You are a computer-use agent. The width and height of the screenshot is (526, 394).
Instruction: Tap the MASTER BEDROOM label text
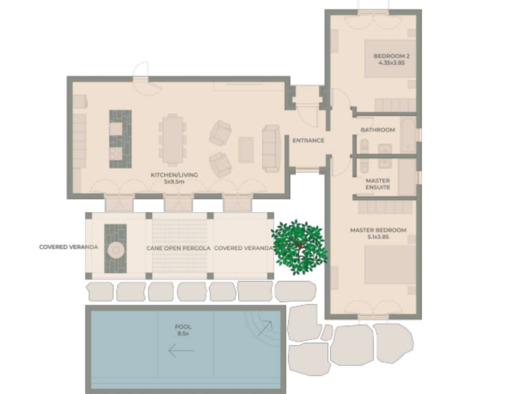point(378,230)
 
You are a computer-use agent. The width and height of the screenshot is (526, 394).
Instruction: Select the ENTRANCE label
point(308,141)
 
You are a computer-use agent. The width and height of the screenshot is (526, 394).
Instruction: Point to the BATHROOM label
point(378,130)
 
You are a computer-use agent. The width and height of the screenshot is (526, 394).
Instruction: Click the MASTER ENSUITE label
point(378,184)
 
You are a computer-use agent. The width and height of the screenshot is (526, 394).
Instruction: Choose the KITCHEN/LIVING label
point(174,175)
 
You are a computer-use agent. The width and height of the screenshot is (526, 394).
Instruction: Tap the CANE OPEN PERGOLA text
point(178,248)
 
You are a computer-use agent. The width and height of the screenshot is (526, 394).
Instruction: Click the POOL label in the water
point(183,327)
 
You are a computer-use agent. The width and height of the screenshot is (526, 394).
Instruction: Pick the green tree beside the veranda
point(298,247)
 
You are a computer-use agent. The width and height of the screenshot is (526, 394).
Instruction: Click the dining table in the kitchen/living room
point(173,140)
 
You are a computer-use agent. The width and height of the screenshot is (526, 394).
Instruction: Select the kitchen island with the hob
point(120,139)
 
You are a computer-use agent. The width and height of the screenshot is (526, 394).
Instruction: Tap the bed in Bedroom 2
point(390,59)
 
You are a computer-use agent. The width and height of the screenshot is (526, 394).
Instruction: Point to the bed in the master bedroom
point(390,265)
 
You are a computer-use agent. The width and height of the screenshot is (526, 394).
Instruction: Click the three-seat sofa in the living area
point(271,149)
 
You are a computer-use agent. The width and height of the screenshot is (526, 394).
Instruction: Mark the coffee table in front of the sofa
point(246,150)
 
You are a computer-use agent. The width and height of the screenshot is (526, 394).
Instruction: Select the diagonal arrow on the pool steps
point(265,328)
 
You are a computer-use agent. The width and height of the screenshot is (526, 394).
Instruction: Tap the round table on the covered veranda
point(116,250)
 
